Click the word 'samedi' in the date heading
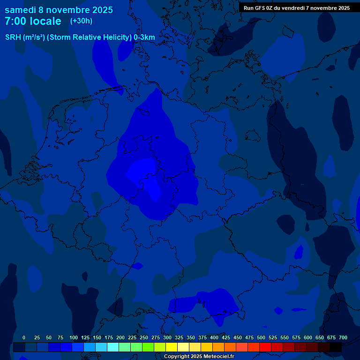coord(20,10)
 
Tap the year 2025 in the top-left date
coord(100,10)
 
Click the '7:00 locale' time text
coord(33,22)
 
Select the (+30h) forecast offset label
coord(81,21)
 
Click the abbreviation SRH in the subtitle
coord(13,37)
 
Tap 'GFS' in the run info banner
coord(262,8)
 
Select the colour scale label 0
coord(24,337)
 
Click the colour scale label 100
coord(74,337)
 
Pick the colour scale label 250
coord(144,337)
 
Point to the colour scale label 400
coord(214,337)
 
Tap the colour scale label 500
coord(261,337)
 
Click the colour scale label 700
coord(343,337)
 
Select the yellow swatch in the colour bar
coord(172,347)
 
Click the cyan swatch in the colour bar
coord(113,347)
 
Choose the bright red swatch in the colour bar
coord(265,347)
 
